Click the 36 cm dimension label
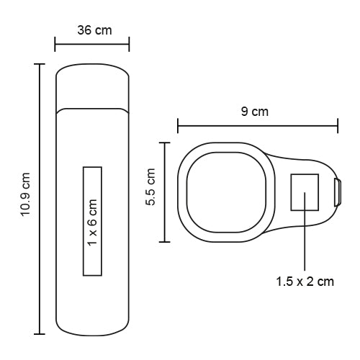coord(94,30)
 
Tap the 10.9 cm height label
coord(25,194)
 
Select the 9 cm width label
coord(255,112)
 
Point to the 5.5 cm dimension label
coord(150,186)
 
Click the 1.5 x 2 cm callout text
coord(305,282)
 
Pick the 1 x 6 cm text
coord(92,222)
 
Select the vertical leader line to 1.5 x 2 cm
coord(305,232)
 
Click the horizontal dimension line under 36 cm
coord(92,44)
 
